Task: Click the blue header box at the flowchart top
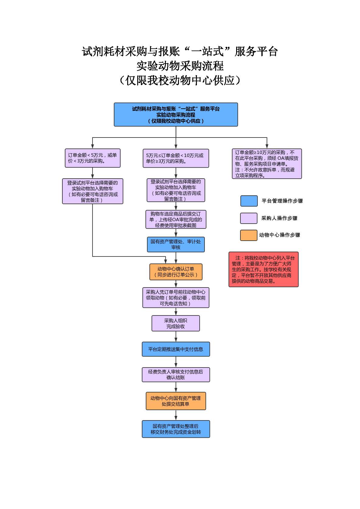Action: pos(176,114)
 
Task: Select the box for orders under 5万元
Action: pos(93,158)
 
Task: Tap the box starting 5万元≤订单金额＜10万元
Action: pos(176,158)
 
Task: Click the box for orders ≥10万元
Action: pos(267,164)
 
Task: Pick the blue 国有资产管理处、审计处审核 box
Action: pos(176,245)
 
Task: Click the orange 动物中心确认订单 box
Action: pos(176,272)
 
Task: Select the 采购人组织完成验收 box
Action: pos(176,323)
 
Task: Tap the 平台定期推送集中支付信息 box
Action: pos(176,349)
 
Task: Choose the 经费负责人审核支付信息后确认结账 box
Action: pos(176,375)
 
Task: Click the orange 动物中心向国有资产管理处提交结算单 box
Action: pos(176,401)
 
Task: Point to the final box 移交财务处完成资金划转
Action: pos(176,429)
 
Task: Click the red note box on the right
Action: pos(263,269)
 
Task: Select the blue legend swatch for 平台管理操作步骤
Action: pos(249,201)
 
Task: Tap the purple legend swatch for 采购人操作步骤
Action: pos(249,218)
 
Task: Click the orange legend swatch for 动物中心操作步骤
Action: pos(249,235)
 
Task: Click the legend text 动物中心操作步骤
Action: pos(279,235)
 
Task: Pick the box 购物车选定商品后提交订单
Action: pos(176,219)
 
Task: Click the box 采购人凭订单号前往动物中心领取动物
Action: pos(176,298)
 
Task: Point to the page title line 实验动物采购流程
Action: pos(180,66)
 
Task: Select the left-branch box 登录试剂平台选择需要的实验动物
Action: pos(93,191)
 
